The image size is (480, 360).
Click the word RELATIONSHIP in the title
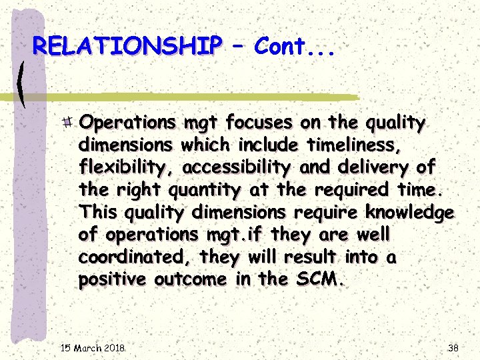(x=127, y=46)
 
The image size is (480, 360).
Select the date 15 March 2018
(x=93, y=348)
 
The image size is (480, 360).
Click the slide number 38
(x=454, y=348)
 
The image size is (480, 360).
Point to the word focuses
(x=259, y=123)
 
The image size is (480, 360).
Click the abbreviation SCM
(x=317, y=280)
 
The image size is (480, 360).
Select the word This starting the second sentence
(x=99, y=213)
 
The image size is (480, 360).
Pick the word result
(x=307, y=257)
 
